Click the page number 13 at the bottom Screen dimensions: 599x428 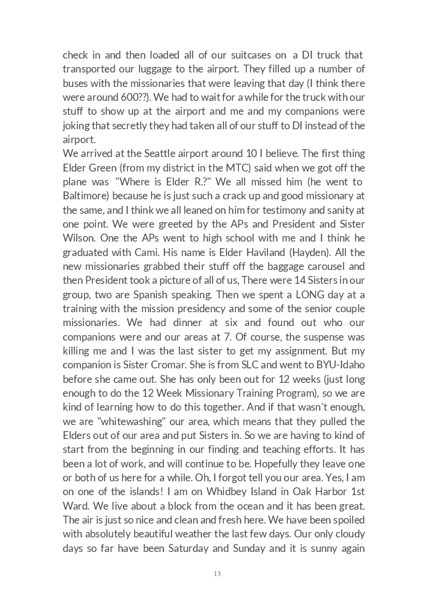pyautogui.click(x=217, y=574)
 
